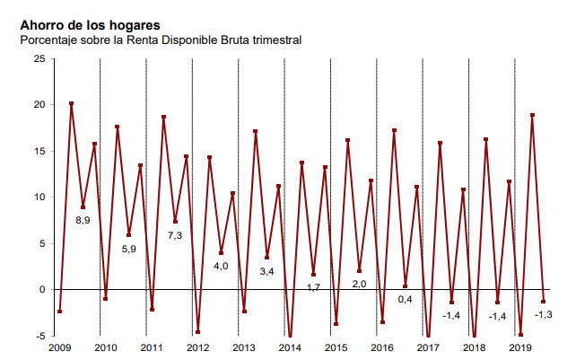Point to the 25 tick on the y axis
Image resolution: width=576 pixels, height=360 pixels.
click(x=39, y=58)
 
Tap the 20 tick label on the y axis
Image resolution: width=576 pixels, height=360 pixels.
click(x=39, y=105)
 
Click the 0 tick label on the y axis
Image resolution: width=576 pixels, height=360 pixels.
click(x=42, y=289)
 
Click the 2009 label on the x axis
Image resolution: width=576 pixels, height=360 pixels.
click(x=59, y=347)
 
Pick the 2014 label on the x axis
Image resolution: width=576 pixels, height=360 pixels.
click(x=290, y=347)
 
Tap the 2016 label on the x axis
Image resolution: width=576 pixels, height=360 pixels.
click(x=382, y=347)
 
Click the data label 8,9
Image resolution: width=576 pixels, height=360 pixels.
click(x=83, y=220)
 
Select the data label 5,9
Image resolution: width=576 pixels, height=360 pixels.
click(x=129, y=249)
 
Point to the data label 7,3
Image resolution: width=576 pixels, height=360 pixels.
click(x=175, y=235)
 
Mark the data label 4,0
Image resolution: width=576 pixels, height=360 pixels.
click(x=221, y=266)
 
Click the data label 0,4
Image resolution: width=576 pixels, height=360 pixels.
click(x=406, y=299)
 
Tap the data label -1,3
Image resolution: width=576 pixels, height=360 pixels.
click(x=543, y=314)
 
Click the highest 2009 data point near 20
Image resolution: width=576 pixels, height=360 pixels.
click(x=71, y=104)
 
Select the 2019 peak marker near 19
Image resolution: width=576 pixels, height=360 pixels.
click(x=532, y=115)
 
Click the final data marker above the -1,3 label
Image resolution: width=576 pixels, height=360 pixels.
click(x=543, y=302)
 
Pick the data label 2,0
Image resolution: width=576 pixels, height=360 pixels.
click(x=359, y=284)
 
